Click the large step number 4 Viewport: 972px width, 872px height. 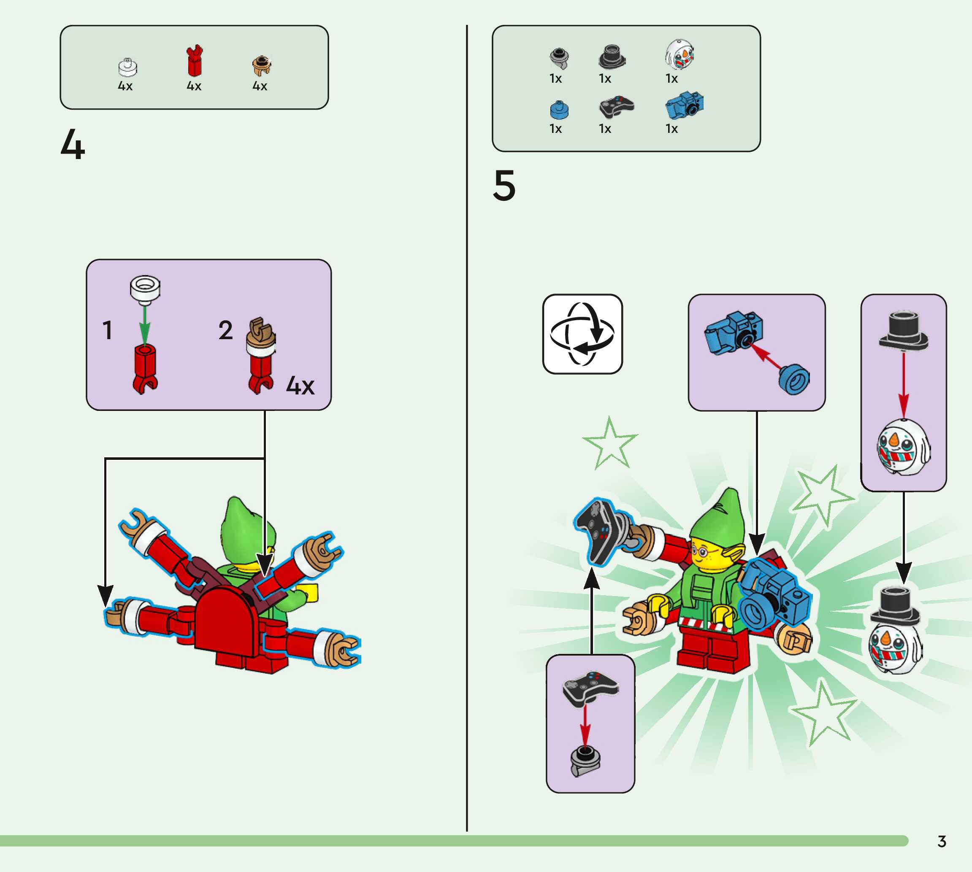tap(73, 144)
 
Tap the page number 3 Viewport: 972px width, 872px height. tap(941, 841)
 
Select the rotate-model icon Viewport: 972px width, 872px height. tap(582, 334)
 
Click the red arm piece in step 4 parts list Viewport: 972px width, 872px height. tap(195, 61)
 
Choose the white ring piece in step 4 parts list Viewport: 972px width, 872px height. tap(127, 67)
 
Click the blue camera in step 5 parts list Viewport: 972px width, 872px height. tap(685, 105)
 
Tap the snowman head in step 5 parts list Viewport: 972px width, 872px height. tap(680, 54)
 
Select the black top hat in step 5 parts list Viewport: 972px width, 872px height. tap(612, 57)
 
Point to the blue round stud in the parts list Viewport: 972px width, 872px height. tap(559, 110)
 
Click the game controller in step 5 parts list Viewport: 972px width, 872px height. tap(616, 106)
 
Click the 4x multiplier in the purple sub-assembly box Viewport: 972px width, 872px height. tap(300, 386)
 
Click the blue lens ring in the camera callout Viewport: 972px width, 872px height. tap(794, 379)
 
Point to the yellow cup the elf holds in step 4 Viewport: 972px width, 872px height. tap(309, 592)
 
